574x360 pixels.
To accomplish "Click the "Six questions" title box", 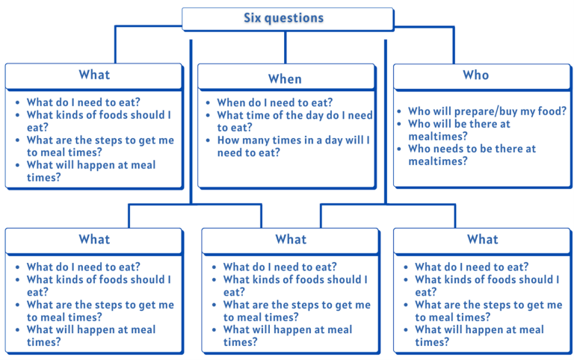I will [x=288, y=19].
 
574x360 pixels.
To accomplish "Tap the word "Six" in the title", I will [x=253, y=18].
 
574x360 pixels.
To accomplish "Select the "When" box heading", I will [x=285, y=78].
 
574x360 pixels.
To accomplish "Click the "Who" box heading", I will [x=475, y=75].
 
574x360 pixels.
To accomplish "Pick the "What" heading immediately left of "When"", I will [x=94, y=75].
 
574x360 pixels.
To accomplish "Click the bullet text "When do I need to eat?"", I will [x=274, y=103].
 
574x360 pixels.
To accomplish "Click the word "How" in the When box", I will [x=229, y=140].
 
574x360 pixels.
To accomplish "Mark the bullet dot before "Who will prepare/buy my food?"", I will [x=401, y=111].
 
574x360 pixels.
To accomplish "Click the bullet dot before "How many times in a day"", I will [x=209, y=140].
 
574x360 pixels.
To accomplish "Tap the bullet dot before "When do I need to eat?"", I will [x=209, y=103].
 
